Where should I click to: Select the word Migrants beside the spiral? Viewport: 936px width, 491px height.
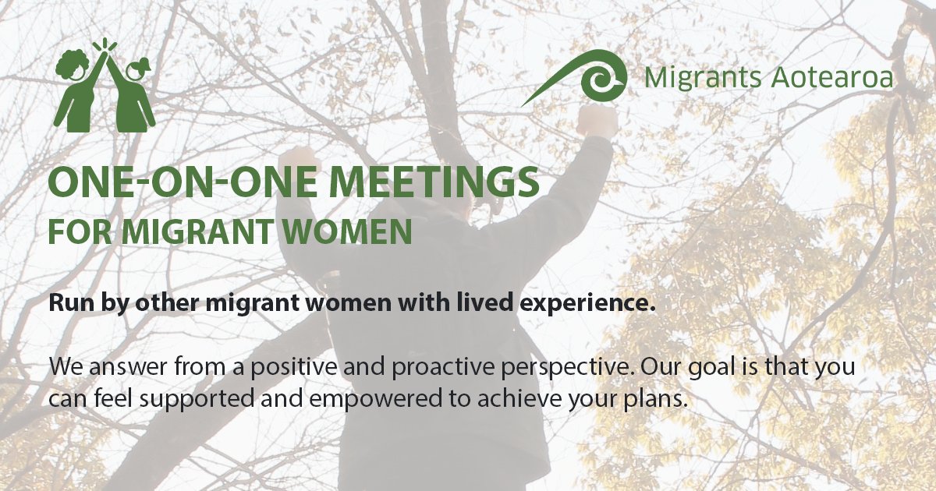pyautogui.click(x=693, y=78)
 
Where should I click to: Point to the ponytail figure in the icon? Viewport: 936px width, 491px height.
pyautogui.click(x=136, y=90)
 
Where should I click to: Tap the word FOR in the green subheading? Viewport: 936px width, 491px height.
pyautogui.click(x=72, y=232)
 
